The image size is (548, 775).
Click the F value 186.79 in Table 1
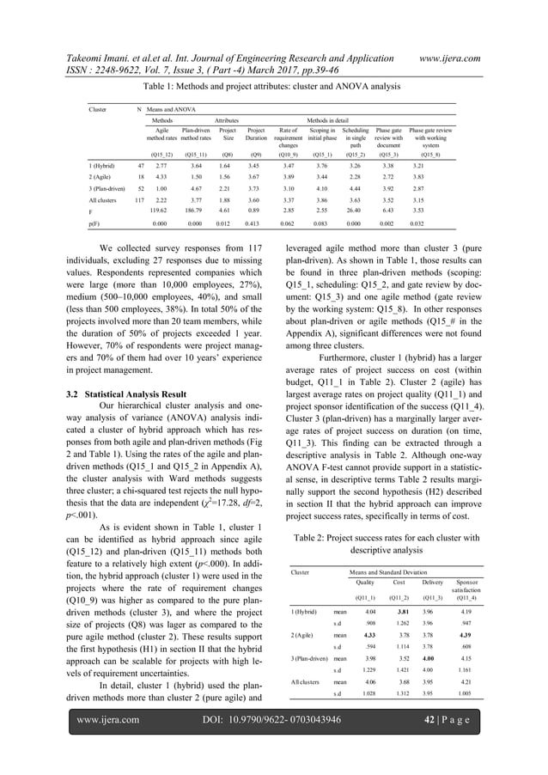(x=194, y=232)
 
